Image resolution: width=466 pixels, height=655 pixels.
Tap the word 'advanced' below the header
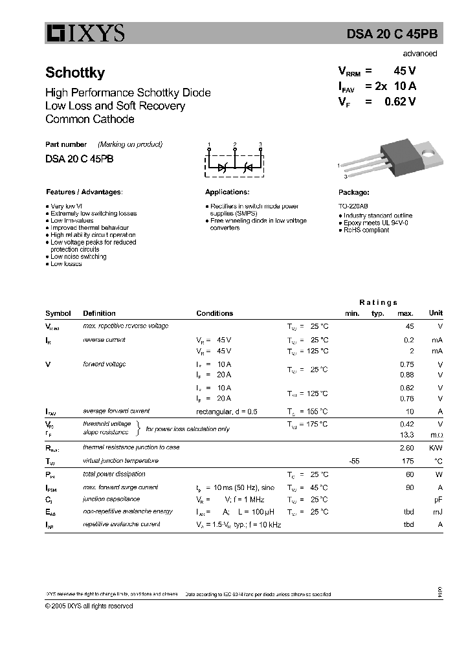419,54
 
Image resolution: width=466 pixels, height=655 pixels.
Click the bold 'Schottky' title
75,73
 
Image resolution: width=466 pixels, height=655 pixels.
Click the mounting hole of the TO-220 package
428,153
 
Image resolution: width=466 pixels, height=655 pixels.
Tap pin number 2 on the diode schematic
235,144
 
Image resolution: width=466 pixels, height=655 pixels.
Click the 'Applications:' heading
227,192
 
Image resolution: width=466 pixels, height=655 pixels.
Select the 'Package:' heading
354,193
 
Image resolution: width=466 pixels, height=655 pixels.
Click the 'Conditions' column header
214,313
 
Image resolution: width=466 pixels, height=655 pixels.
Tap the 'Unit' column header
436,313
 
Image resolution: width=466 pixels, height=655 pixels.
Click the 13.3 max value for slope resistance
407,435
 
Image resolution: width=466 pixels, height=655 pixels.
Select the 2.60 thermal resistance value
406,448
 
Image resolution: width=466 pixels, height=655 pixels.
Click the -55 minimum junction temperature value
353,461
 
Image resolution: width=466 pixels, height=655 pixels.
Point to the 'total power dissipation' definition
115,474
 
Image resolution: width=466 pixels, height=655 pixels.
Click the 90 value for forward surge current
409,487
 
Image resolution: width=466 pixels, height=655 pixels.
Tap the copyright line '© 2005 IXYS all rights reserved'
89,606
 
